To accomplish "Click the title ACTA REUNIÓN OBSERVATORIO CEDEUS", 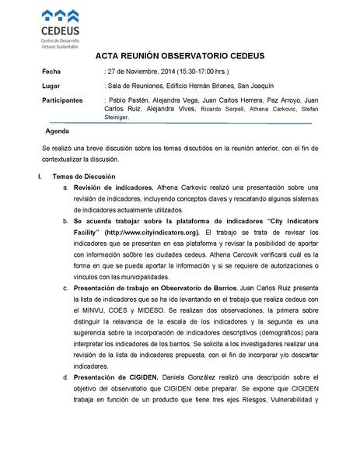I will [x=180, y=57].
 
